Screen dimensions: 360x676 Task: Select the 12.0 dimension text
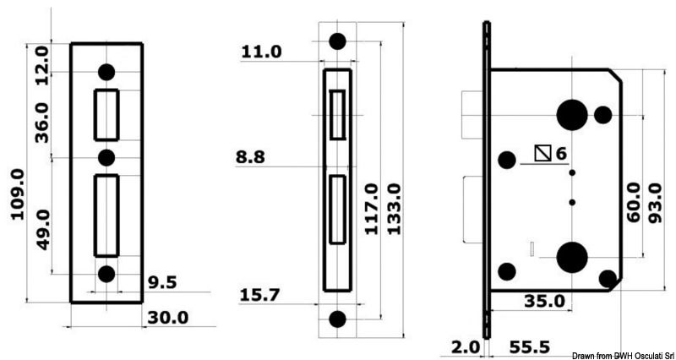coord(41,62)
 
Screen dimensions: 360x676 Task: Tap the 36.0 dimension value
coord(41,121)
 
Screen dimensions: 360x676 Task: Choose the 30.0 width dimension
coord(168,317)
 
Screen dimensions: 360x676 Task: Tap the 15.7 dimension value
coord(261,295)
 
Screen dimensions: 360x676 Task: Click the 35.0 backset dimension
coord(544,302)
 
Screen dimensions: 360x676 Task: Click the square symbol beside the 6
coord(543,153)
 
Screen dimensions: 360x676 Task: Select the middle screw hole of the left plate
coord(106,157)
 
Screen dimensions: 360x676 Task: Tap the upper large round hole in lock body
coord(573,114)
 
